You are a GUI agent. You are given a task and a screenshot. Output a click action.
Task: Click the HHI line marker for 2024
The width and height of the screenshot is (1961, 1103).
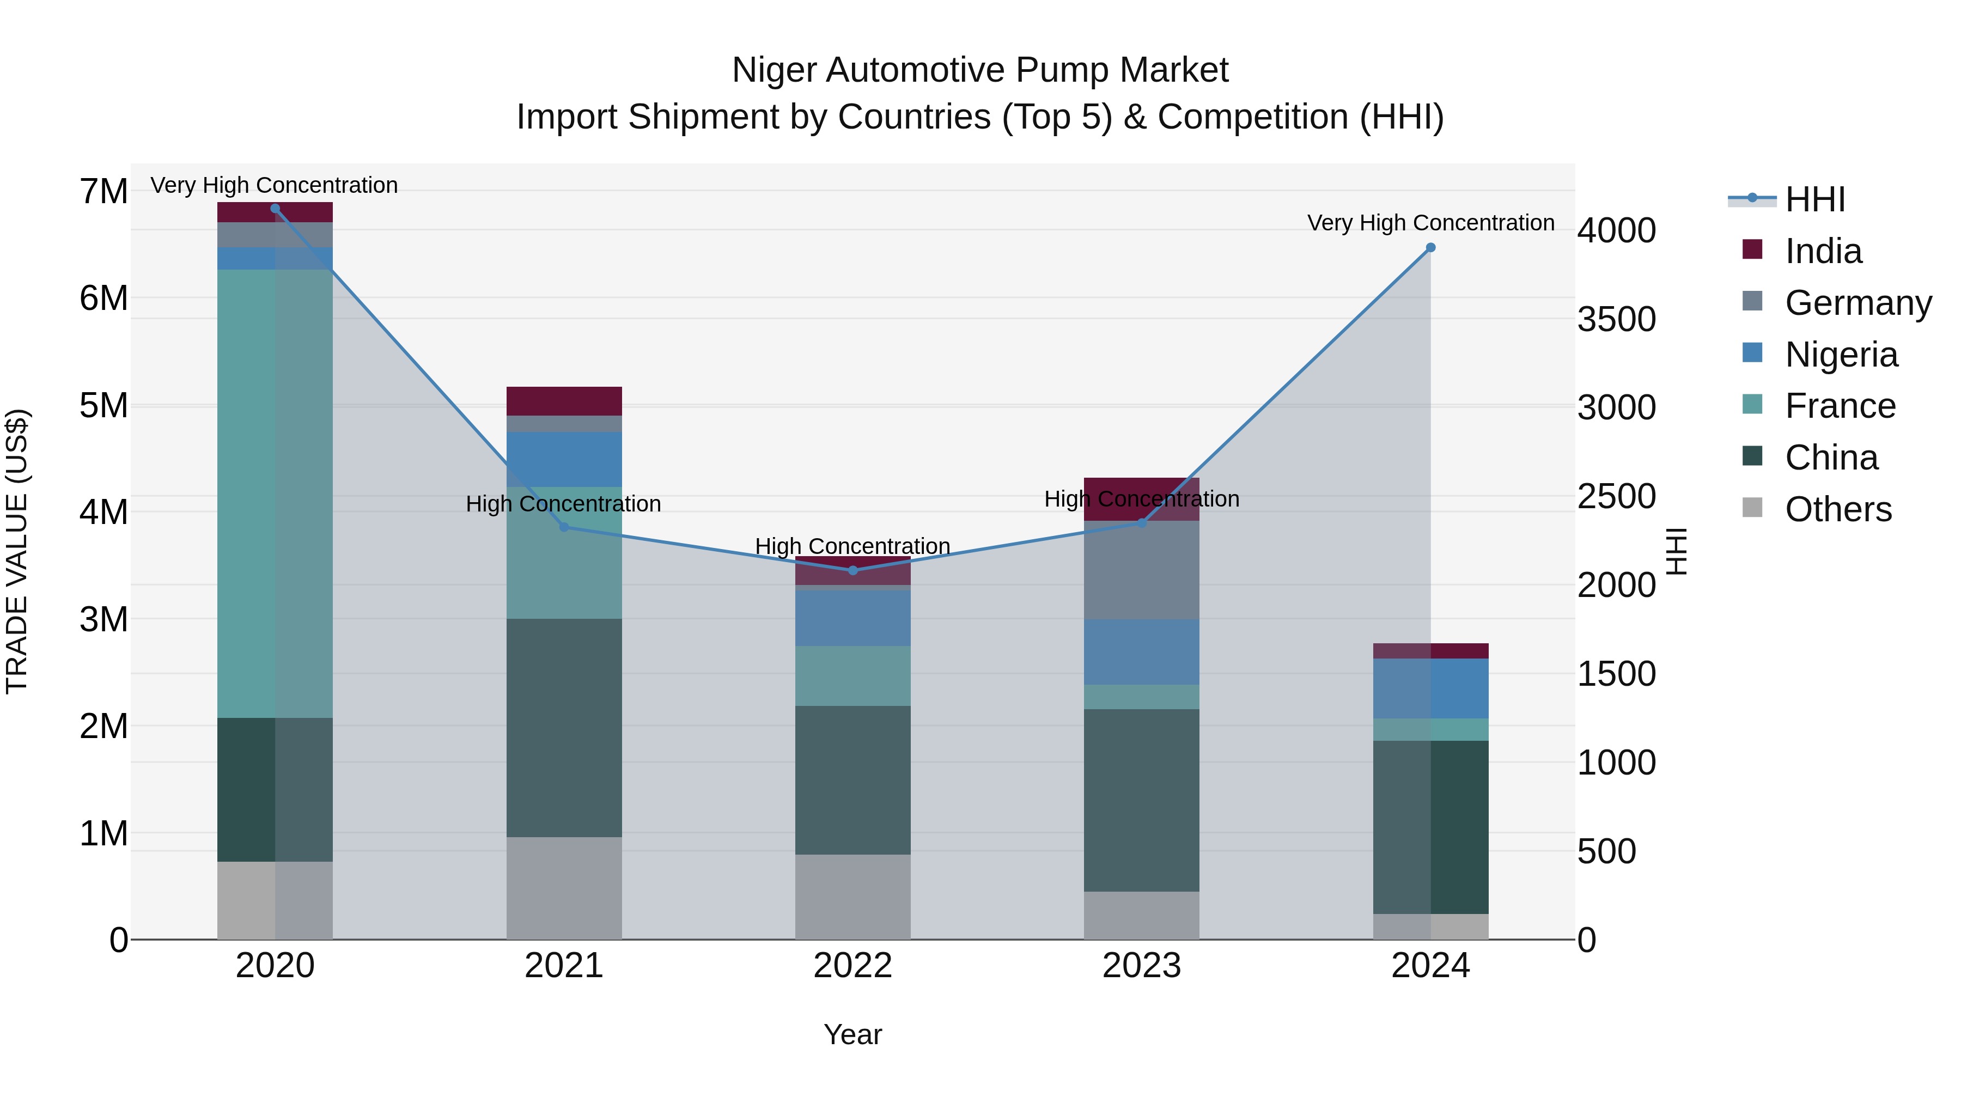(1430, 247)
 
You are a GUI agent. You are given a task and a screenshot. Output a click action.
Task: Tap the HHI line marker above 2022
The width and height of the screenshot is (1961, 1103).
(852, 570)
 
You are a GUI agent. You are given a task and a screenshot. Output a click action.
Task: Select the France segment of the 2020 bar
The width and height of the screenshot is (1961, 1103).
(275, 493)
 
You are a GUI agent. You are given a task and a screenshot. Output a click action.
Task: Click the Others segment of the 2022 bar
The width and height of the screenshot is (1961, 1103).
(852, 896)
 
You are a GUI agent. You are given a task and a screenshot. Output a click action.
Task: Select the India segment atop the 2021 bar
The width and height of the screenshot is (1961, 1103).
(564, 400)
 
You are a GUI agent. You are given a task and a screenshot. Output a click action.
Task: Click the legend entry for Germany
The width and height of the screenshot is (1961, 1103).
(1858, 302)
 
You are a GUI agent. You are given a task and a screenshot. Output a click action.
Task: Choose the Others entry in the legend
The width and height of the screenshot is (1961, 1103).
(1838, 509)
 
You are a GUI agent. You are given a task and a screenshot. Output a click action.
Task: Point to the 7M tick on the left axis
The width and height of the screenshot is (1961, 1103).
(103, 191)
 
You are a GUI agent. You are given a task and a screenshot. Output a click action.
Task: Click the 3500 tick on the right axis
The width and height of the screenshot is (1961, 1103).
(1616, 319)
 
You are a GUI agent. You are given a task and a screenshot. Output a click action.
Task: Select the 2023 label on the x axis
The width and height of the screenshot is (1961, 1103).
(1141, 965)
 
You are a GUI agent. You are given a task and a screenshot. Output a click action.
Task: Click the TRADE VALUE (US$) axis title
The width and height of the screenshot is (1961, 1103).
(17, 551)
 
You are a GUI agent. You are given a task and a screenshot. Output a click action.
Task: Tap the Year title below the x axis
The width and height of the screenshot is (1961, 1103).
(852, 1034)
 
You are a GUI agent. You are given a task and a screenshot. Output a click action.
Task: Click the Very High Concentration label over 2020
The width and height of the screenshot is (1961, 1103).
(274, 185)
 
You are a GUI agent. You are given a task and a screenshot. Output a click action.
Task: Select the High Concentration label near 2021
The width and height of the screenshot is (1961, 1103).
(563, 503)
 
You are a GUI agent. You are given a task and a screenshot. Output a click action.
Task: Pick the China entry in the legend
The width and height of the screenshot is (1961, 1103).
(1831, 458)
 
